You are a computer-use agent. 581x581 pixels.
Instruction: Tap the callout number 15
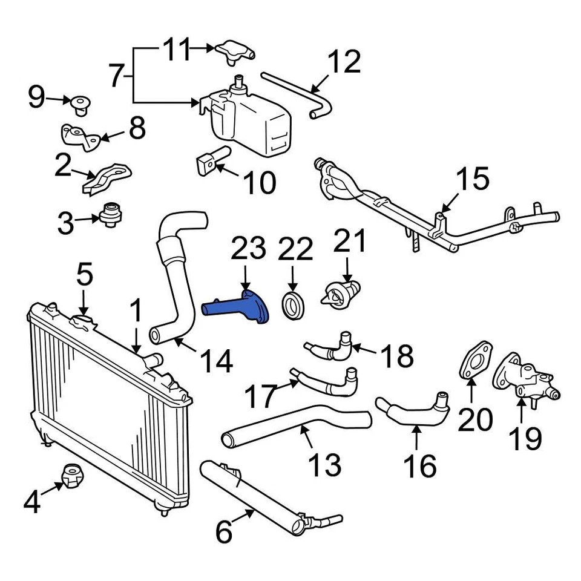tap(471, 180)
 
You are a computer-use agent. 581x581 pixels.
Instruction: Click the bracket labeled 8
tap(80, 136)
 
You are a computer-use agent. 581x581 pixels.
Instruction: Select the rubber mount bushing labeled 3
tap(110, 214)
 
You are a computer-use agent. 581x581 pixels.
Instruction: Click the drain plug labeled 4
tap(73, 478)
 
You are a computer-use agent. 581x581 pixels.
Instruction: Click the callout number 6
tap(223, 532)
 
